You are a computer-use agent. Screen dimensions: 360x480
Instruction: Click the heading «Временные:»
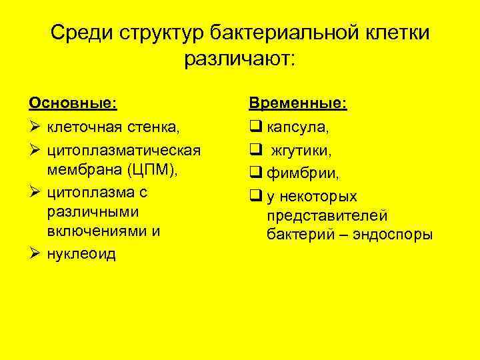point(297,104)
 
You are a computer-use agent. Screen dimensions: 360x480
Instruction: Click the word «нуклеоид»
point(81,255)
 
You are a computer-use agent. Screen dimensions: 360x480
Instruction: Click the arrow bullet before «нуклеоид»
point(35,255)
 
